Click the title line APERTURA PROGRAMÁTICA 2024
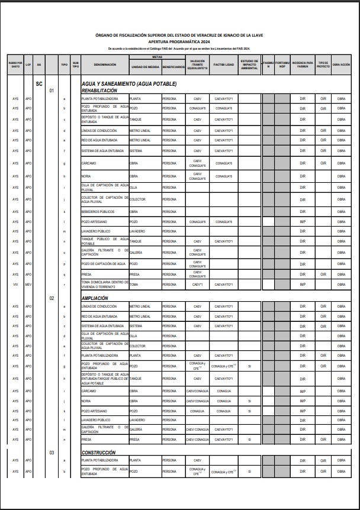click(179, 41)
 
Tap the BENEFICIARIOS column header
click(173, 67)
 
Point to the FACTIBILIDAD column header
click(223, 64)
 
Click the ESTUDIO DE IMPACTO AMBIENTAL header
click(249, 64)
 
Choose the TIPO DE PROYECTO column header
click(323, 64)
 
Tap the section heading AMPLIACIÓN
click(97, 299)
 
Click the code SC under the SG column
click(38, 84)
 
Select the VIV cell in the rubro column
click(15, 285)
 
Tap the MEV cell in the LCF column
click(28, 285)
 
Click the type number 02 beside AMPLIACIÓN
click(52, 299)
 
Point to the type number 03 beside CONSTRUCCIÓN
click(52, 453)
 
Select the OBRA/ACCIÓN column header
click(342, 64)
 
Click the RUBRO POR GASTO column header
click(15, 64)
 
